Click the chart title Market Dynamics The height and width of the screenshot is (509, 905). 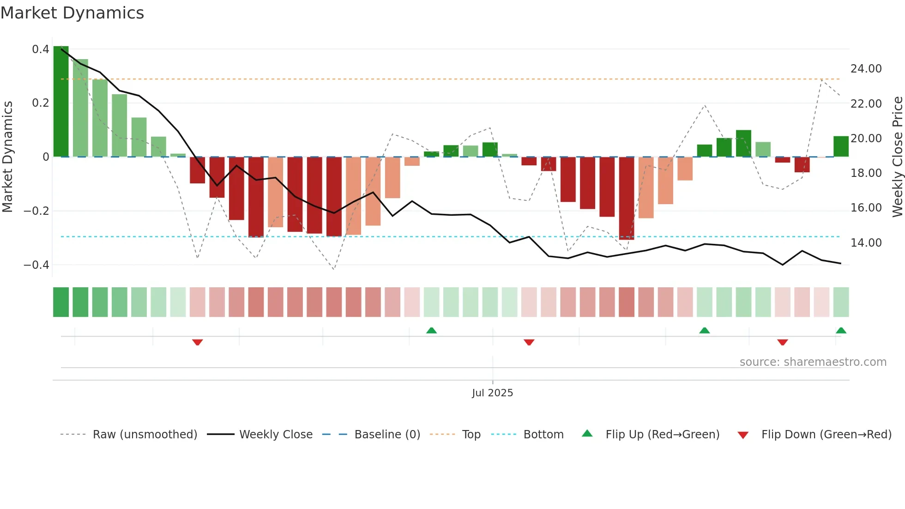click(x=72, y=13)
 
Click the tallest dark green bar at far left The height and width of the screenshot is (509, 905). click(x=61, y=102)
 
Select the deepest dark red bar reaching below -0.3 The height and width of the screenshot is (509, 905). click(x=627, y=199)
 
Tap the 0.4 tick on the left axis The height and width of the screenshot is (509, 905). click(x=41, y=49)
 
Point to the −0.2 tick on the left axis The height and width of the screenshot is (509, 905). click(x=36, y=211)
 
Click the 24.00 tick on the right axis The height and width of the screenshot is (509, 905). click(x=866, y=69)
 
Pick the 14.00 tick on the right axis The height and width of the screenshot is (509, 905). click(x=866, y=243)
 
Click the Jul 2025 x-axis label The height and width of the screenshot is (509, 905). click(x=492, y=393)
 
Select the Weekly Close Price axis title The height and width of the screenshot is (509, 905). click(x=897, y=157)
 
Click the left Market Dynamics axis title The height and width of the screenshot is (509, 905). click(x=7, y=157)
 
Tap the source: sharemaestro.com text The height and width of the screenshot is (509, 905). click(x=813, y=362)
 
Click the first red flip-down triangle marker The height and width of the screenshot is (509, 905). click(x=198, y=342)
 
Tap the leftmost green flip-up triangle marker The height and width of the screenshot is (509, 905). click(x=431, y=330)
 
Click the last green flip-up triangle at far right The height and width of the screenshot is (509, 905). click(x=841, y=330)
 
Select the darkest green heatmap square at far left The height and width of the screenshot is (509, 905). click(x=61, y=302)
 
